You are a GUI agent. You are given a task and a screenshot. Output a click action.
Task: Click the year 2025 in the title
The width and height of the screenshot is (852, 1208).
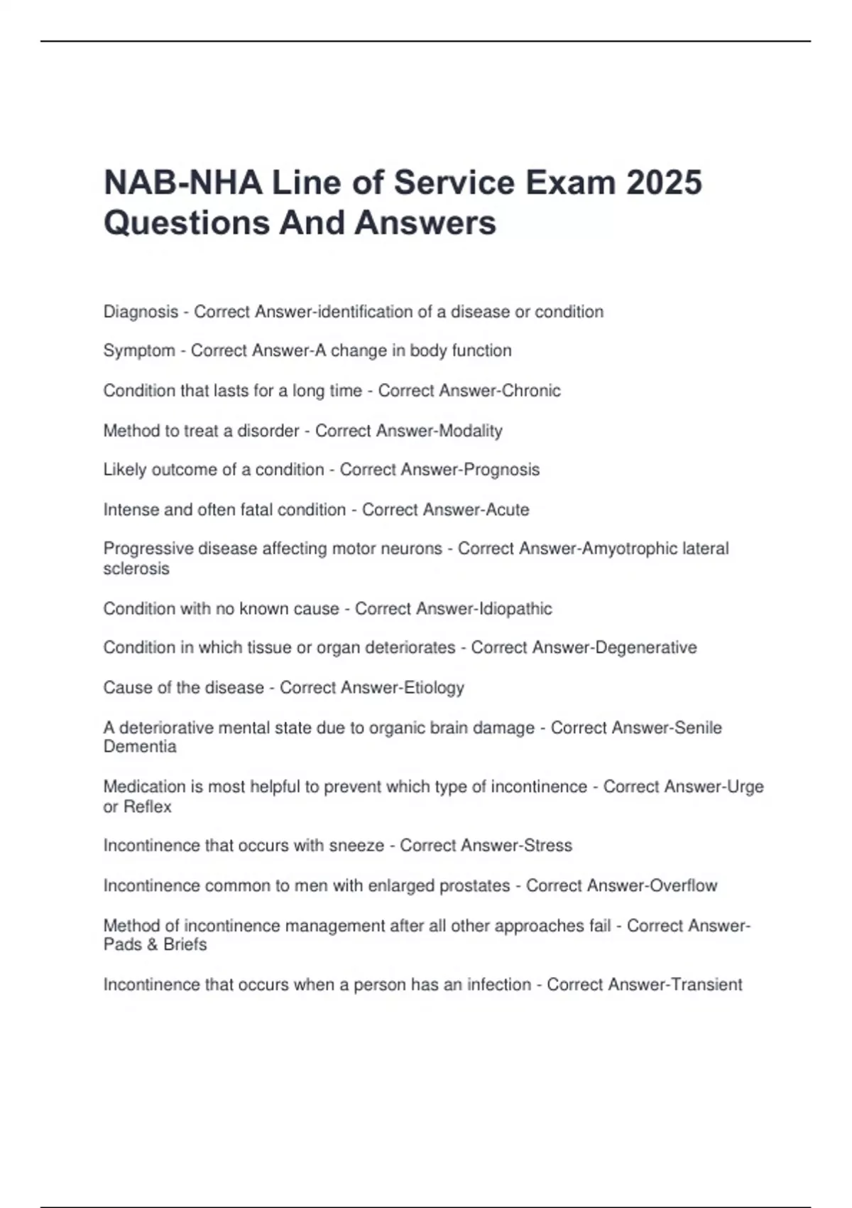point(664,183)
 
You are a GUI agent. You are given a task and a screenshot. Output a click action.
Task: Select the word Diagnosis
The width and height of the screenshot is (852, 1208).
point(141,312)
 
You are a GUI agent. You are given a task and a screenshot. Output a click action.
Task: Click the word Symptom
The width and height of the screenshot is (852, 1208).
point(139,351)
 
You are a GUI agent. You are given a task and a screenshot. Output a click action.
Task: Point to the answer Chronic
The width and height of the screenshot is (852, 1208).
point(531,391)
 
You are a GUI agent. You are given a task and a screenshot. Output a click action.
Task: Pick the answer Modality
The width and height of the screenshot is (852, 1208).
point(471,431)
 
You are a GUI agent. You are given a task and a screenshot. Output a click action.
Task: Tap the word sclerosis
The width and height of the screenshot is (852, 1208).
point(136,568)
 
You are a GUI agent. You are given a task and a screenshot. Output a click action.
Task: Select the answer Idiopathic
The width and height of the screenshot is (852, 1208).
point(516,609)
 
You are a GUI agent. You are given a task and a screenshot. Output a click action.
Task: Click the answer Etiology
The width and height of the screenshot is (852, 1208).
point(434,688)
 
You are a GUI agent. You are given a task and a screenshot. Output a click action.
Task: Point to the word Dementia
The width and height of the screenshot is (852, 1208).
point(140,747)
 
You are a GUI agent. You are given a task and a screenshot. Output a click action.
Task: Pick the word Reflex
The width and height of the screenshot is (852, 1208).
point(148,807)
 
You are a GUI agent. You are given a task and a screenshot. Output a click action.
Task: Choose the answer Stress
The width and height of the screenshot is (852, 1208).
point(547,846)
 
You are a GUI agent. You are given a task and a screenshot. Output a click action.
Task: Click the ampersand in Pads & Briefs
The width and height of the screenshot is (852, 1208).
point(153,945)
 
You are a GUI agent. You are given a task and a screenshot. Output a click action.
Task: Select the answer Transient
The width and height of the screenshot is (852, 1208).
point(706,985)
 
